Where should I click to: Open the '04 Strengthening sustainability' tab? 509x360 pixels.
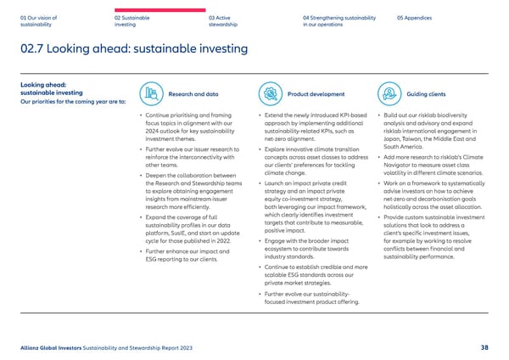pos(339,21)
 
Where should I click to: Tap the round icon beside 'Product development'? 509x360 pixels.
pos(271,93)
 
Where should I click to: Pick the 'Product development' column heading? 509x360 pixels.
pos(316,93)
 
